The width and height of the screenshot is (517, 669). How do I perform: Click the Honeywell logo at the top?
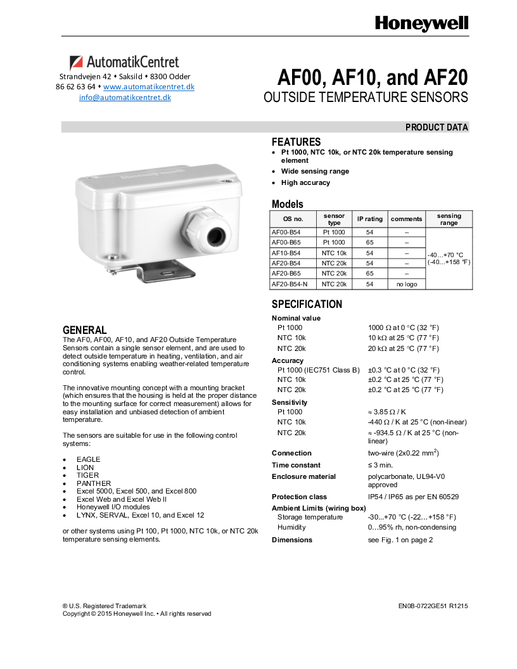(x=421, y=23)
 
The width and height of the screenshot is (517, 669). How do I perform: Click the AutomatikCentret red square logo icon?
(x=76, y=62)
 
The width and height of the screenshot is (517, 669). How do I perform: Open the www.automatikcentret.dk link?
(x=149, y=86)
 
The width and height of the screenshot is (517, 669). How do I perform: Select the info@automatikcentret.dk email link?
(x=125, y=98)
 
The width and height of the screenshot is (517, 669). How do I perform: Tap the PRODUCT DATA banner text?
(x=437, y=127)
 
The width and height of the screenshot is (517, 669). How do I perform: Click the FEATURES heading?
(x=296, y=142)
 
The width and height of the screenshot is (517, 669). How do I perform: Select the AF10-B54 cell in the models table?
(x=286, y=253)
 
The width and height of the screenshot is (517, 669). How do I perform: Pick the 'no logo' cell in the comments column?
(x=406, y=284)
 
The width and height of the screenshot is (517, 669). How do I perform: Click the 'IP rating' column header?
(x=369, y=219)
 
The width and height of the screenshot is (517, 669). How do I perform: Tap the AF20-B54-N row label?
(x=290, y=284)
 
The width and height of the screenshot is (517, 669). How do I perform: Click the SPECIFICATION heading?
(x=307, y=304)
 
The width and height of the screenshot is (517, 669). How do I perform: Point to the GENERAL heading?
(x=84, y=330)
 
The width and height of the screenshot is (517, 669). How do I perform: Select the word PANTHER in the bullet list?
(x=94, y=483)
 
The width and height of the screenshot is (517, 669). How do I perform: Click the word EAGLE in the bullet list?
(x=89, y=459)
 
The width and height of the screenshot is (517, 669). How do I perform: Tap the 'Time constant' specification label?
(x=296, y=465)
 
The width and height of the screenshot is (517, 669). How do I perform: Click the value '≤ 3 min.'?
(x=381, y=465)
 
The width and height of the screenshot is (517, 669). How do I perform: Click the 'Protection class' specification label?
(x=300, y=497)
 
